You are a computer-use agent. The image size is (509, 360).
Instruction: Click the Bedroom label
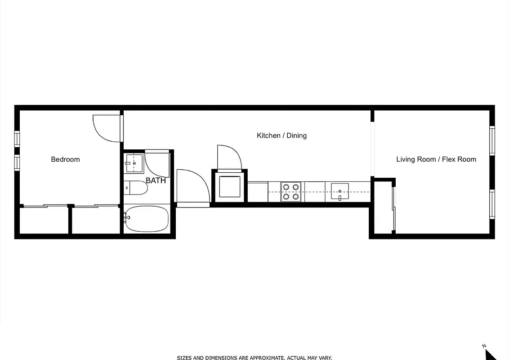[x=65, y=159]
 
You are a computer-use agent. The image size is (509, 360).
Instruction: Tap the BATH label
[x=156, y=181]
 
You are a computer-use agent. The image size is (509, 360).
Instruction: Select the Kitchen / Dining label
[x=281, y=135]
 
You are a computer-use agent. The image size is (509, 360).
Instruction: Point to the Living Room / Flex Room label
[x=436, y=159]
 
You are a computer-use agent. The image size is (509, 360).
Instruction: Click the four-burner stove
[x=291, y=191]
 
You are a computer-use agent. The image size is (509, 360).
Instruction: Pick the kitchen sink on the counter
[x=340, y=191]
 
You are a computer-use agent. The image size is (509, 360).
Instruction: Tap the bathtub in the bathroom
[x=147, y=219]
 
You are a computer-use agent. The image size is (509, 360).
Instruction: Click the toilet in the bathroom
[x=136, y=188]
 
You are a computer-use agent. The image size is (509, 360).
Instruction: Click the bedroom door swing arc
[x=106, y=129]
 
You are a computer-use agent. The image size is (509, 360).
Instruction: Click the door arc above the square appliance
[x=229, y=157]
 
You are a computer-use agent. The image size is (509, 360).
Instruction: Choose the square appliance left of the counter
[x=230, y=187]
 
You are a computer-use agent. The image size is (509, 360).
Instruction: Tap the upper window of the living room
[x=492, y=141]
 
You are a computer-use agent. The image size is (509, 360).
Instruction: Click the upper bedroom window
[x=17, y=139]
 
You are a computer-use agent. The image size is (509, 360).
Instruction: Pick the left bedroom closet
[x=44, y=220]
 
